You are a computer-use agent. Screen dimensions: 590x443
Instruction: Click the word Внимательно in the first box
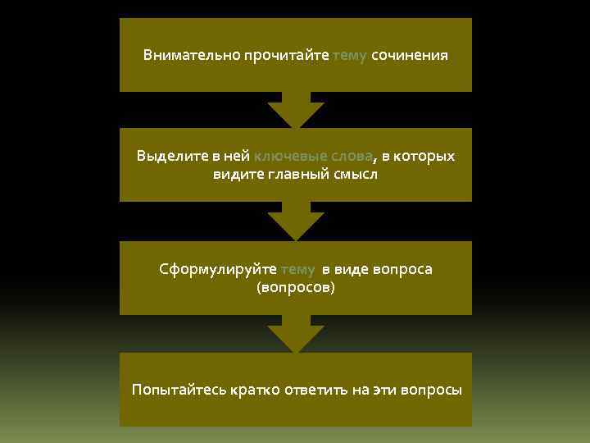click(182, 56)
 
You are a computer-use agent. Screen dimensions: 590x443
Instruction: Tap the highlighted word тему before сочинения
click(350, 56)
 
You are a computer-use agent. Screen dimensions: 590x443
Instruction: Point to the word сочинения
click(410, 56)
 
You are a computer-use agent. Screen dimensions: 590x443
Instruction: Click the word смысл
click(356, 174)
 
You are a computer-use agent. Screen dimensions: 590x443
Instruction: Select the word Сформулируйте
click(218, 269)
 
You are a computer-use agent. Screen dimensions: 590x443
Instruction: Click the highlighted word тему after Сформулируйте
click(297, 269)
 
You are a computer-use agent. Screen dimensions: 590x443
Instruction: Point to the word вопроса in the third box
click(402, 269)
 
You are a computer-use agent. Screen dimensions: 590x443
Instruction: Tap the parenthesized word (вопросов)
click(296, 288)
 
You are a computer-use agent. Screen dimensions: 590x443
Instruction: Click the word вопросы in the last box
click(432, 390)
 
